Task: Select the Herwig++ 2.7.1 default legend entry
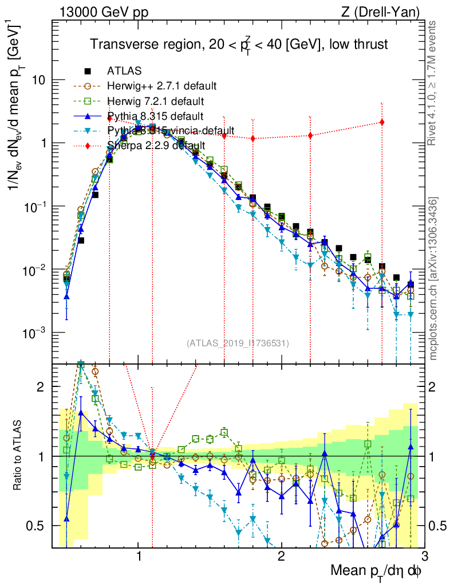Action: click(161, 86)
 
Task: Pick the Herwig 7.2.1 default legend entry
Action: click(155, 101)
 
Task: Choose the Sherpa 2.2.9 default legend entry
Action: click(156, 146)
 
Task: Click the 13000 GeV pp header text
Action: click(103, 11)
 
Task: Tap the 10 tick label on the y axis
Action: click(39, 81)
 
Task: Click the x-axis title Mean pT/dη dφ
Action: click(376, 572)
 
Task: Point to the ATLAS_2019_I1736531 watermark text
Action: click(238, 343)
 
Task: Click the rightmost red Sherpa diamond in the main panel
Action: click(382, 122)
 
